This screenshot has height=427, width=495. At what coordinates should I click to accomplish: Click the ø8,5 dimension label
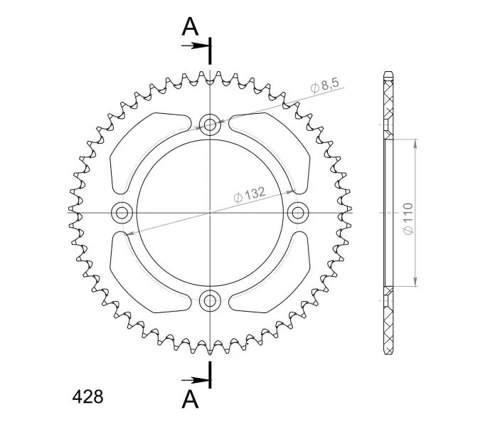coord(324,85)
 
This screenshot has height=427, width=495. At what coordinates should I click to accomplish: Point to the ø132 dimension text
coord(250,194)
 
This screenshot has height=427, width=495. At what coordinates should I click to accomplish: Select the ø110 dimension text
coord(408,219)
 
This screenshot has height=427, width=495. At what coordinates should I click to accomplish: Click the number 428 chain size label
coord(87,396)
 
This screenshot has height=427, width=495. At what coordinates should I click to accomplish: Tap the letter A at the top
coord(190,26)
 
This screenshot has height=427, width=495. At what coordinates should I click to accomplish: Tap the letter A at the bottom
coord(190,399)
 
